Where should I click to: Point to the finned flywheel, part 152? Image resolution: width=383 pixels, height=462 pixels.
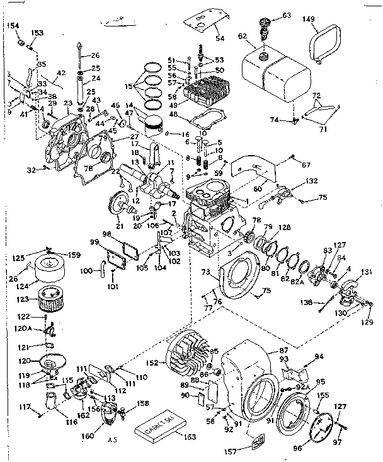click(188, 354)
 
